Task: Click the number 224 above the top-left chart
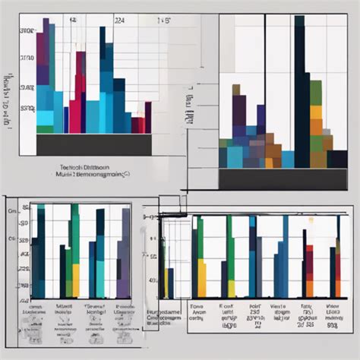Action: click(119, 23)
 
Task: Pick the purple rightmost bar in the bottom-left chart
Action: click(123, 258)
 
